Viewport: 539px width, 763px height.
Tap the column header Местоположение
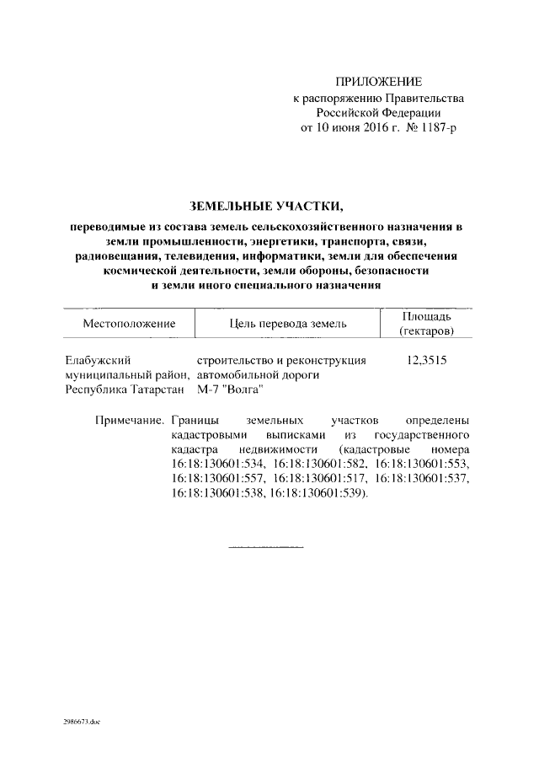tap(129, 324)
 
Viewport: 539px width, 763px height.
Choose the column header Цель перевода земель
tap(287, 324)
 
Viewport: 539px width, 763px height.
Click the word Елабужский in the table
tap(95, 360)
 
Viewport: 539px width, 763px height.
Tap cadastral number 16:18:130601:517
tap(320, 479)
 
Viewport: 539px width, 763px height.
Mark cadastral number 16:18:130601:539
tap(315, 494)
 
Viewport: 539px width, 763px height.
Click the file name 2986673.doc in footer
tap(81, 723)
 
